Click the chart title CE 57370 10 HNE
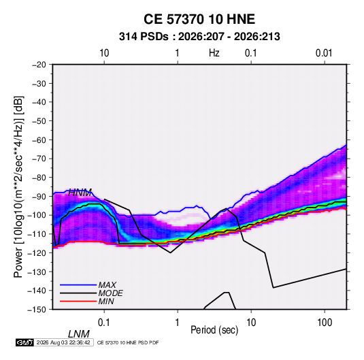[x=199, y=19]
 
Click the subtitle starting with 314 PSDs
[x=199, y=37]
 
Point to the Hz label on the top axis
[x=214, y=53]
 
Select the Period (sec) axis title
[x=214, y=330]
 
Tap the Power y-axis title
[x=18, y=187]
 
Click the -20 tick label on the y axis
[x=39, y=65]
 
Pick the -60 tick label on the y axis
[x=39, y=140]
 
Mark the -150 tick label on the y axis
[x=37, y=310]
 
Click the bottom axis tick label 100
[x=325, y=323]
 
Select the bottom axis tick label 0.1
[x=104, y=323]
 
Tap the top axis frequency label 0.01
[x=324, y=53]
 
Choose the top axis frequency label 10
[x=104, y=53]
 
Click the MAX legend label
[x=107, y=285]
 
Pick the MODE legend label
[x=110, y=293]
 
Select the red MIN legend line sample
[x=78, y=301]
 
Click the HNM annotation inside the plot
[x=80, y=193]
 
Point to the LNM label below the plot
[x=79, y=334]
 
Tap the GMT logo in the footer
[x=24, y=342]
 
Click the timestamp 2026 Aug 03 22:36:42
[x=63, y=342]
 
